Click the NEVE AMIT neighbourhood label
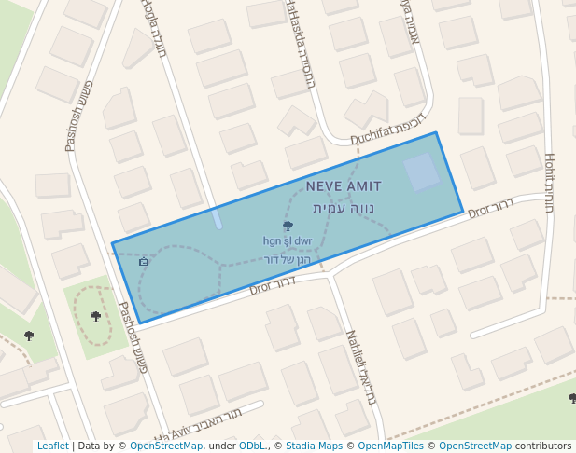pos(344,187)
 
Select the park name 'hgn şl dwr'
pos(288,241)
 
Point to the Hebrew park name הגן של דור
pos(287,258)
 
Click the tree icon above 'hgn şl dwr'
pos(288,226)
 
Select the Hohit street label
pos(549,182)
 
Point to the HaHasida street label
pos(299,42)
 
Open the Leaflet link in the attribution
pos(52,446)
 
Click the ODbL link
pos(252,446)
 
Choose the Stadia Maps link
pos(314,446)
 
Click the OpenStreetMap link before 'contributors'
pos(475,446)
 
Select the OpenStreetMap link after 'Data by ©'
pos(166,446)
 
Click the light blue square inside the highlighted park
pos(421,172)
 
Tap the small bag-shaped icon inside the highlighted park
pos(143,262)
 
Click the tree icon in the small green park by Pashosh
pos(96,317)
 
